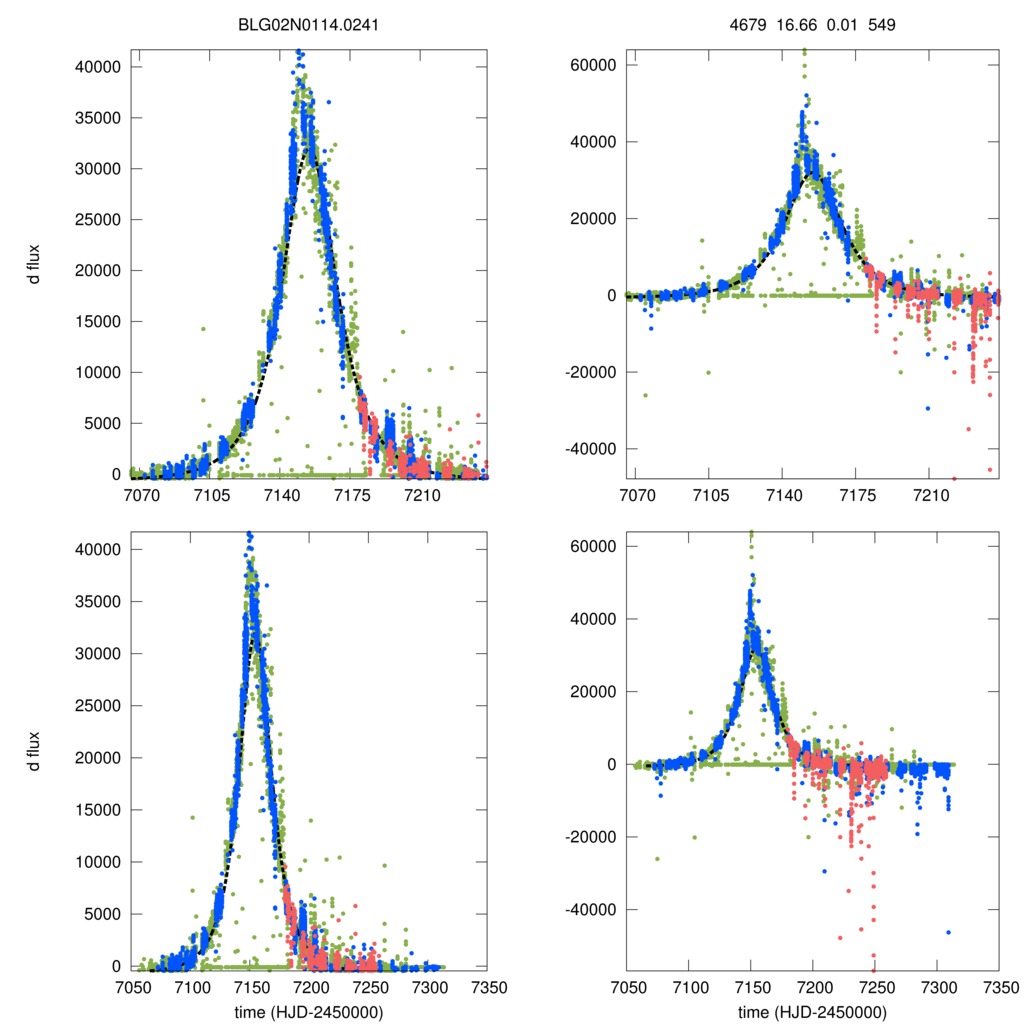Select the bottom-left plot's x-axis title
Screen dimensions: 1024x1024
click(308, 1012)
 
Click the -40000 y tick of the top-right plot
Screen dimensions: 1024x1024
click(590, 449)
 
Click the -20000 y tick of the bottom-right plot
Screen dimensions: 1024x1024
click(590, 837)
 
